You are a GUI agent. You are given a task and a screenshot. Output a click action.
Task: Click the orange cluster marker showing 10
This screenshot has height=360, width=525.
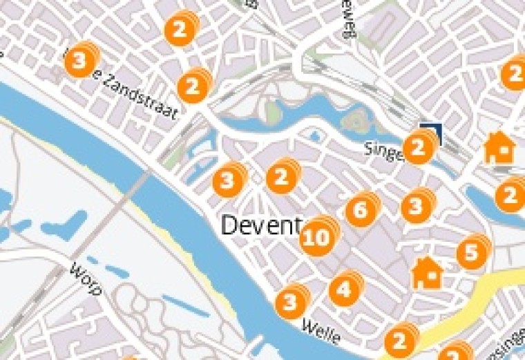[317, 238]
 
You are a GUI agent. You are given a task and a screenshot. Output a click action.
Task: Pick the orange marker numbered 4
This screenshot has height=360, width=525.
[344, 290]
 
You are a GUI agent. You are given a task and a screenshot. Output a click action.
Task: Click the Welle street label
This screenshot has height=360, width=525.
[322, 331]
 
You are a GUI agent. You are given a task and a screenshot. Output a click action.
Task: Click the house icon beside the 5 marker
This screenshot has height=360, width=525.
[427, 273]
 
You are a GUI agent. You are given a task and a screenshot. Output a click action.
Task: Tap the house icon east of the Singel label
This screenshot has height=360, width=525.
[499, 148]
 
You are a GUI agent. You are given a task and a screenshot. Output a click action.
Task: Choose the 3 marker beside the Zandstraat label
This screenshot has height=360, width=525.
[79, 61]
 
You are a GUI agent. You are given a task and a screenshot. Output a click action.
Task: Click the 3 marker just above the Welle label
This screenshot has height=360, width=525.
[290, 302]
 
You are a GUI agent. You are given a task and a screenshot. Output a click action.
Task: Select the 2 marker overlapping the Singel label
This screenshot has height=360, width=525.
[417, 148]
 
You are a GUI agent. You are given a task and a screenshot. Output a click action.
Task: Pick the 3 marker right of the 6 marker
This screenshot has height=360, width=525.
[417, 207]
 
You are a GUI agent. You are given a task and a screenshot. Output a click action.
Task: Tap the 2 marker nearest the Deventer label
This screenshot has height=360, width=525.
[280, 178]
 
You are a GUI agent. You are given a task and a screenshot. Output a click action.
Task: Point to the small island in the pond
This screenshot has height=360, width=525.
[356, 122]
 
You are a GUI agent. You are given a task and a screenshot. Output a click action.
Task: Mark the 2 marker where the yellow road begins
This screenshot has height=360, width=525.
[399, 341]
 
